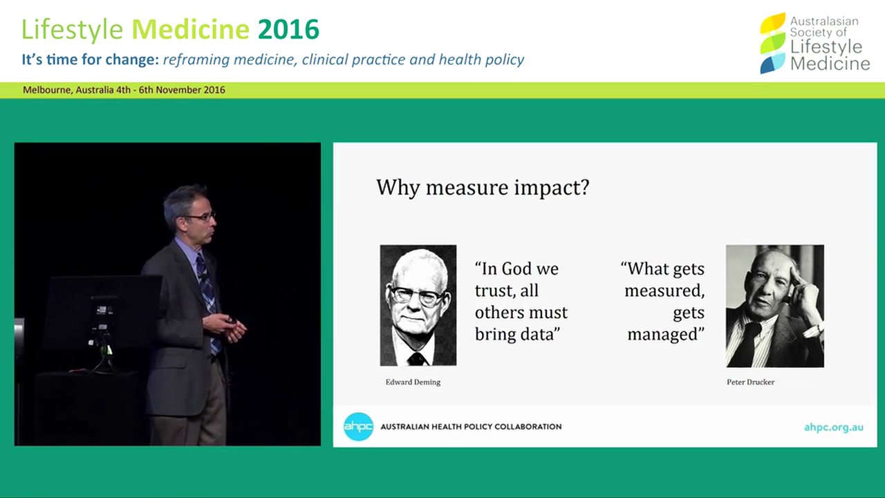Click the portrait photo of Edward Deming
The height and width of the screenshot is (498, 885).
(418, 305)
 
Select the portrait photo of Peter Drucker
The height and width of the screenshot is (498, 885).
(774, 306)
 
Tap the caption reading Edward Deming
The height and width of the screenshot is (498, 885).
(413, 382)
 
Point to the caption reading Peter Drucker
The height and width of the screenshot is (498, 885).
(750, 382)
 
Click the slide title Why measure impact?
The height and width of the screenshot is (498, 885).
(482, 187)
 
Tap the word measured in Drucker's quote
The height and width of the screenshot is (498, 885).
(664, 290)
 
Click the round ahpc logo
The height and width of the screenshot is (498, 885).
(358, 426)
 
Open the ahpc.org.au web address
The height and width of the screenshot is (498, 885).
(833, 427)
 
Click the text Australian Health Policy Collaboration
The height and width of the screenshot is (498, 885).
(471, 427)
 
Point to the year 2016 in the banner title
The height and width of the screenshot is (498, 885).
(288, 30)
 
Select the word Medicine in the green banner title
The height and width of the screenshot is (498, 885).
(190, 30)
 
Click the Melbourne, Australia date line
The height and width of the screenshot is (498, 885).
(124, 90)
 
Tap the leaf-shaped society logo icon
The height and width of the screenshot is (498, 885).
(772, 43)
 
